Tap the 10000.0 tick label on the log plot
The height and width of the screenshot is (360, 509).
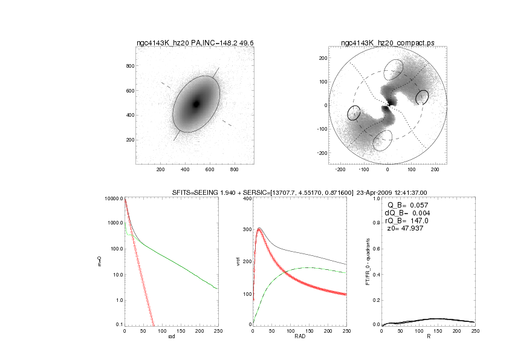(114, 198)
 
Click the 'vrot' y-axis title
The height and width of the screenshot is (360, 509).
(228, 261)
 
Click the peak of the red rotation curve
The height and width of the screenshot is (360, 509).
(259, 229)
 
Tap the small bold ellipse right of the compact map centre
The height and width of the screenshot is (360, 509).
(422, 97)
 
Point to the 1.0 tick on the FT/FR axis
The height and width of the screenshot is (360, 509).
(377, 198)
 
